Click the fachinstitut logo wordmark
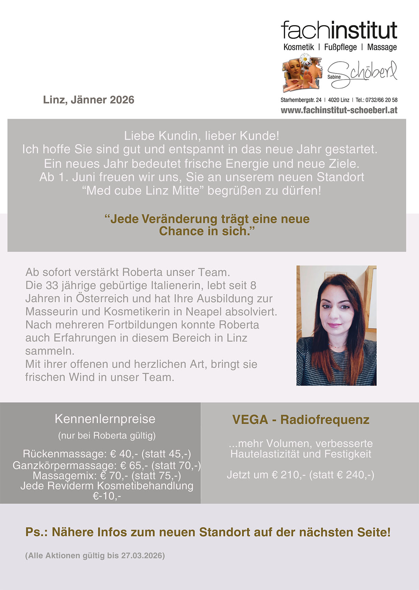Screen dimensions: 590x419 [339, 30]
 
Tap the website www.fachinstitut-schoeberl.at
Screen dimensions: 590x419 [339, 110]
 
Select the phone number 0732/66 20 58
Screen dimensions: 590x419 [381, 100]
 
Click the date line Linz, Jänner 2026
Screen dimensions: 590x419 [89, 100]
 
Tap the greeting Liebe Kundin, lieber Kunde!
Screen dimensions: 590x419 [202, 136]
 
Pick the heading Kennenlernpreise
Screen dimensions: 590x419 [105, 419]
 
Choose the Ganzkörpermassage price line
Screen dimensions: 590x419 [106, 466]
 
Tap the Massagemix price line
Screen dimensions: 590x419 [106, 476]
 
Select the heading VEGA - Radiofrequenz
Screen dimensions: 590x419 [301, 420]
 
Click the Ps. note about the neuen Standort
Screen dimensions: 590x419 [208, 532]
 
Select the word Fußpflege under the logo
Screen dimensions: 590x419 [340, 47]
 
